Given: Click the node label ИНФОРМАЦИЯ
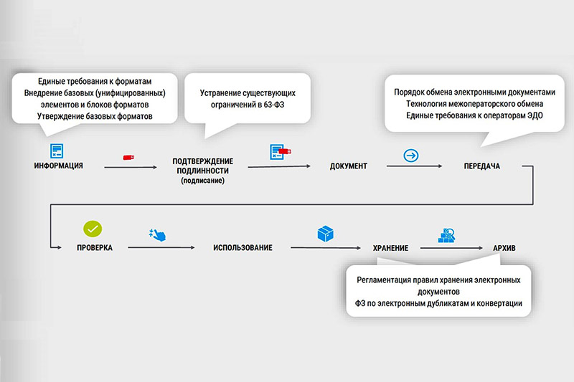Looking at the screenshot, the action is click(59, 166).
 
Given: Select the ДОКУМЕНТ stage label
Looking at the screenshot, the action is click(348, 166).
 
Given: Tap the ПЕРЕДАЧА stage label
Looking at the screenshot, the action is click(481, 166).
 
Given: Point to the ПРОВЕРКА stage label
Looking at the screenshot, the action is click(95, 247).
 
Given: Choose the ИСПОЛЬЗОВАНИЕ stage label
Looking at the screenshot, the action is click(243, 247).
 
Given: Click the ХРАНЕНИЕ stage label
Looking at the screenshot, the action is click(390, 248).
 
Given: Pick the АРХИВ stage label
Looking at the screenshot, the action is click(504, 248).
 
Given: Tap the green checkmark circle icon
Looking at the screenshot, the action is click(93, 229).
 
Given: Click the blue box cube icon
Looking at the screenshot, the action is click(325, 234).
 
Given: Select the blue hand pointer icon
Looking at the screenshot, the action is click(158, 234).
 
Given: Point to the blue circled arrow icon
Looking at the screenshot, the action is click(410, 156).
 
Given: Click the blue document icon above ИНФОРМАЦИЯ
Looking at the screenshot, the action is click(57, 151).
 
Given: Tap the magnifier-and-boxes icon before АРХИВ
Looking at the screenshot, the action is click(446, 235).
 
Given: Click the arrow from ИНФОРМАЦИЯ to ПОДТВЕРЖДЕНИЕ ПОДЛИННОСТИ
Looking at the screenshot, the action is click(131, 167).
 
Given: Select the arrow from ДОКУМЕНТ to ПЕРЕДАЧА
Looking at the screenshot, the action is click(415, 166).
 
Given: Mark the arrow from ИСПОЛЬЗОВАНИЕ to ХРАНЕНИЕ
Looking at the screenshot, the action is click(326, 247).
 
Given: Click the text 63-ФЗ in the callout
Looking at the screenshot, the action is click(273, 105).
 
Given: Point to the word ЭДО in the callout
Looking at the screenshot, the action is click(535, 115).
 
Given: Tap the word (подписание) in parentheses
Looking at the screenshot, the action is click(202, 180).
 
